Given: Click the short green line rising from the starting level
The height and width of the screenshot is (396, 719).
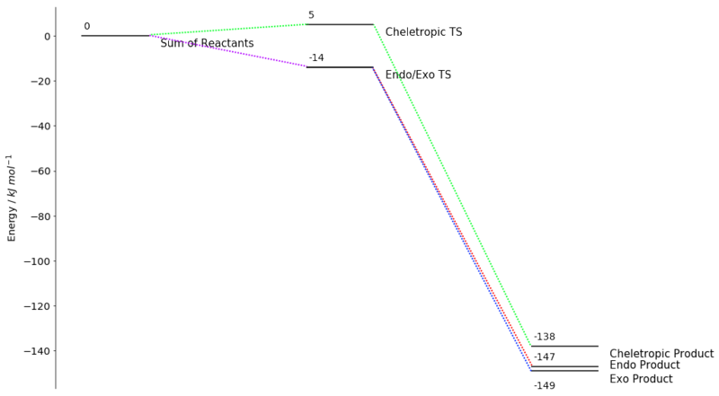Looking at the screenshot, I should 229,30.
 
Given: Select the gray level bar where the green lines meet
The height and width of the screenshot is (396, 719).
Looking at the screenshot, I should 342,24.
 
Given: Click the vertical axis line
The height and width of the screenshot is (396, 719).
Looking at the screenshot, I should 56,198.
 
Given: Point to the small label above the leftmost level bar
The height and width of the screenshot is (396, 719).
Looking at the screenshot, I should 87,26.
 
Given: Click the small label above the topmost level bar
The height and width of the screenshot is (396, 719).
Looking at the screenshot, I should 311,15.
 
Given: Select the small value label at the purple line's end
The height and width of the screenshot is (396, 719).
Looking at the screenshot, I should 315,57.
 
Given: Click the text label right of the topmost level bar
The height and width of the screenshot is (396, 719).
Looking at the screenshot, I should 424,32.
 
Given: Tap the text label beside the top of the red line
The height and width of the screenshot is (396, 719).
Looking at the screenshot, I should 417,75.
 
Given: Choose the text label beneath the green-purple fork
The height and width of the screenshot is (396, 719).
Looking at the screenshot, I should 208,43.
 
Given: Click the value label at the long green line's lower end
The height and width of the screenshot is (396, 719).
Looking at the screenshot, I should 545,337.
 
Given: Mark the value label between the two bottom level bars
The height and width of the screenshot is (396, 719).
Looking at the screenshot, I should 545,357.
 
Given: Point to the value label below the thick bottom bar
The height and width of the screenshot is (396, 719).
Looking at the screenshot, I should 545,384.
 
